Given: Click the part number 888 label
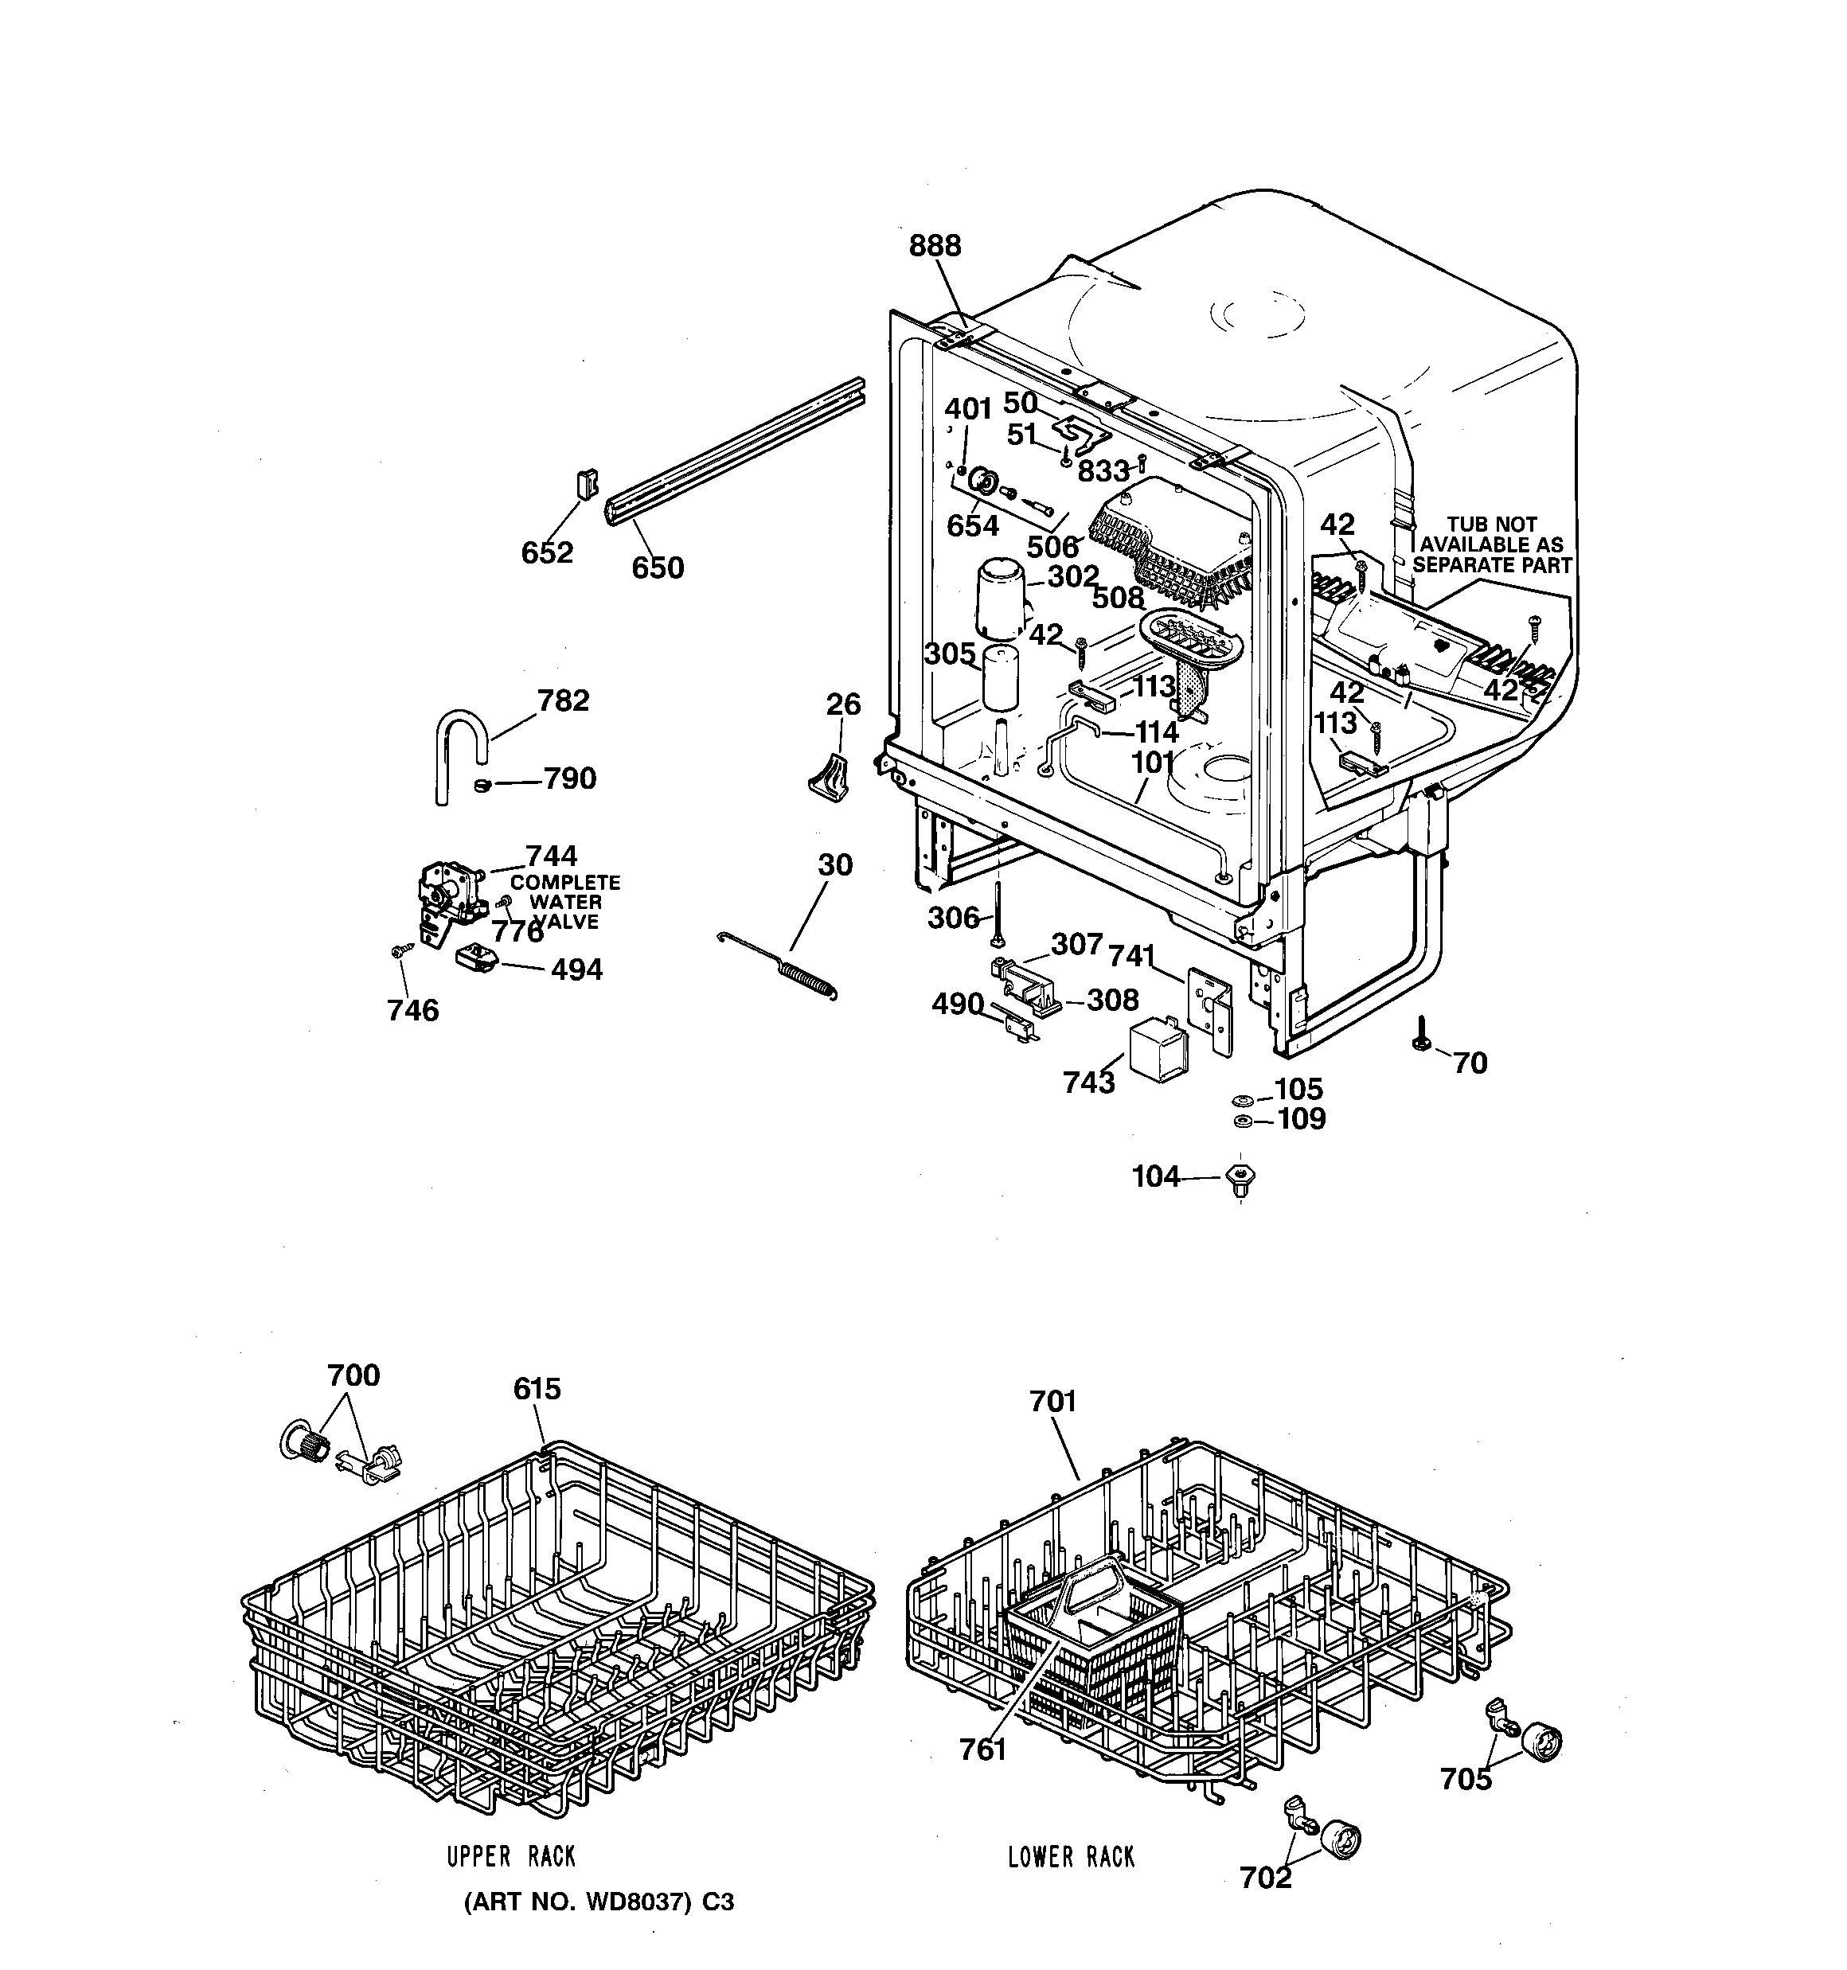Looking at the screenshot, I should [x=935, y=246].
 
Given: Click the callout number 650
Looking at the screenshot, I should [x=658, y=568].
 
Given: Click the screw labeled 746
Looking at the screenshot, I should [x=400, y=950].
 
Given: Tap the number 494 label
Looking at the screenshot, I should [x=576, y=969].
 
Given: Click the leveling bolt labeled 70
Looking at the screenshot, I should [x=1421, y=1036].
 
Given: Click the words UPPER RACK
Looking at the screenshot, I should [x=510, y=1856].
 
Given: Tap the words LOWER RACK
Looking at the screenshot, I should [x=1071, y=1857].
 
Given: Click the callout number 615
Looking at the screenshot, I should [x=537, y=1388].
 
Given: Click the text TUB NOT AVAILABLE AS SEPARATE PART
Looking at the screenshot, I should [x=1491, y=545].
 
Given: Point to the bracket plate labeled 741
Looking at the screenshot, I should [x=1209, y=1010].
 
